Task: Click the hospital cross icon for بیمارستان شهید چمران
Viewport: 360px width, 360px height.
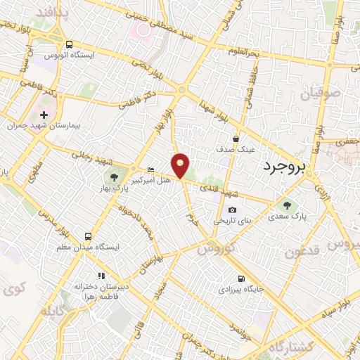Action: point(44,114)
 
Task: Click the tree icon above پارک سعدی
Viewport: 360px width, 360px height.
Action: point(286,205)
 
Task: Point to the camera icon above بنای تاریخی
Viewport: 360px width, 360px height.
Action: point(232,210)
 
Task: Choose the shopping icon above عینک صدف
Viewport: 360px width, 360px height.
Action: point(236,139)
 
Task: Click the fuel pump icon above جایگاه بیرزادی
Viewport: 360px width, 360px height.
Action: point(241,278)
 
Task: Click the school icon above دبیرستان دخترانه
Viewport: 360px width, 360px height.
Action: point(101,276)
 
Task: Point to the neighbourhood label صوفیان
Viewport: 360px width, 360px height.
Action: point(321,93)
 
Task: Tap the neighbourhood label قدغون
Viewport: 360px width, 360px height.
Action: point(303,250)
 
